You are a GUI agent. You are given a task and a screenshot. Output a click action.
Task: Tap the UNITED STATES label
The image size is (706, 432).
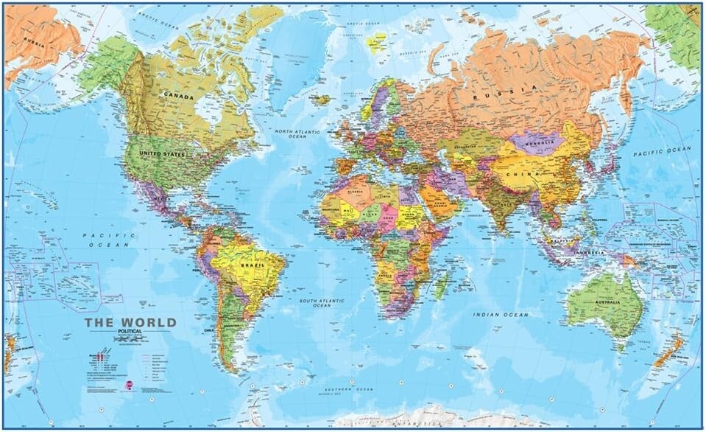pos(162,154)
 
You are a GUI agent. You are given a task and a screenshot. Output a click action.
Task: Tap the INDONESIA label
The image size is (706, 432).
pos(589,252)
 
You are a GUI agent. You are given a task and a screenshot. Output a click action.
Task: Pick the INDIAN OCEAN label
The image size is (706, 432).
pos(501,315)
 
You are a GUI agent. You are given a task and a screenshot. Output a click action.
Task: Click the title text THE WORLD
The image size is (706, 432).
pos(130,322)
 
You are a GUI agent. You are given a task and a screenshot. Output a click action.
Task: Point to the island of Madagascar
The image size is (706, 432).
pos(441,285)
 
